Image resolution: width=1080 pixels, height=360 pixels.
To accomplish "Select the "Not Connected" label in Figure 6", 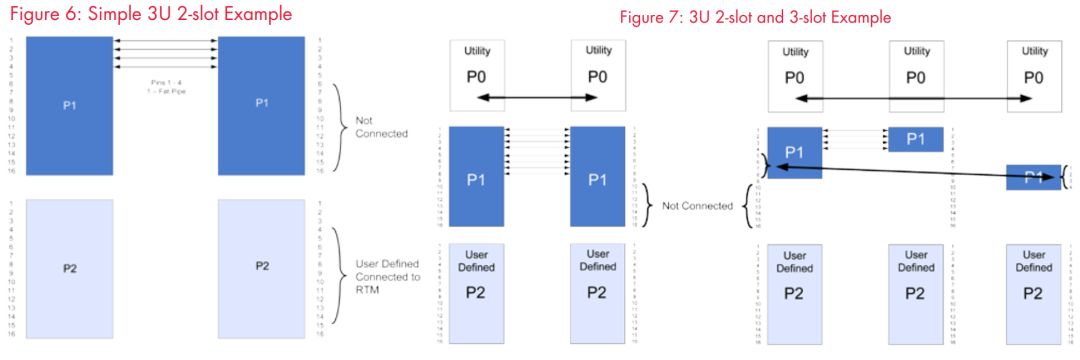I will point(381,126).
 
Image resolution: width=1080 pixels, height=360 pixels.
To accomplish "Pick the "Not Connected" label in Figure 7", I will point(693,206).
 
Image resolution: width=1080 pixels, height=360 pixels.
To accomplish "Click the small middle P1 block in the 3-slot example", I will point(915,139).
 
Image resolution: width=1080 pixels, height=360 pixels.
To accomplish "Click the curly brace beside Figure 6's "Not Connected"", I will point(341,126).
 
